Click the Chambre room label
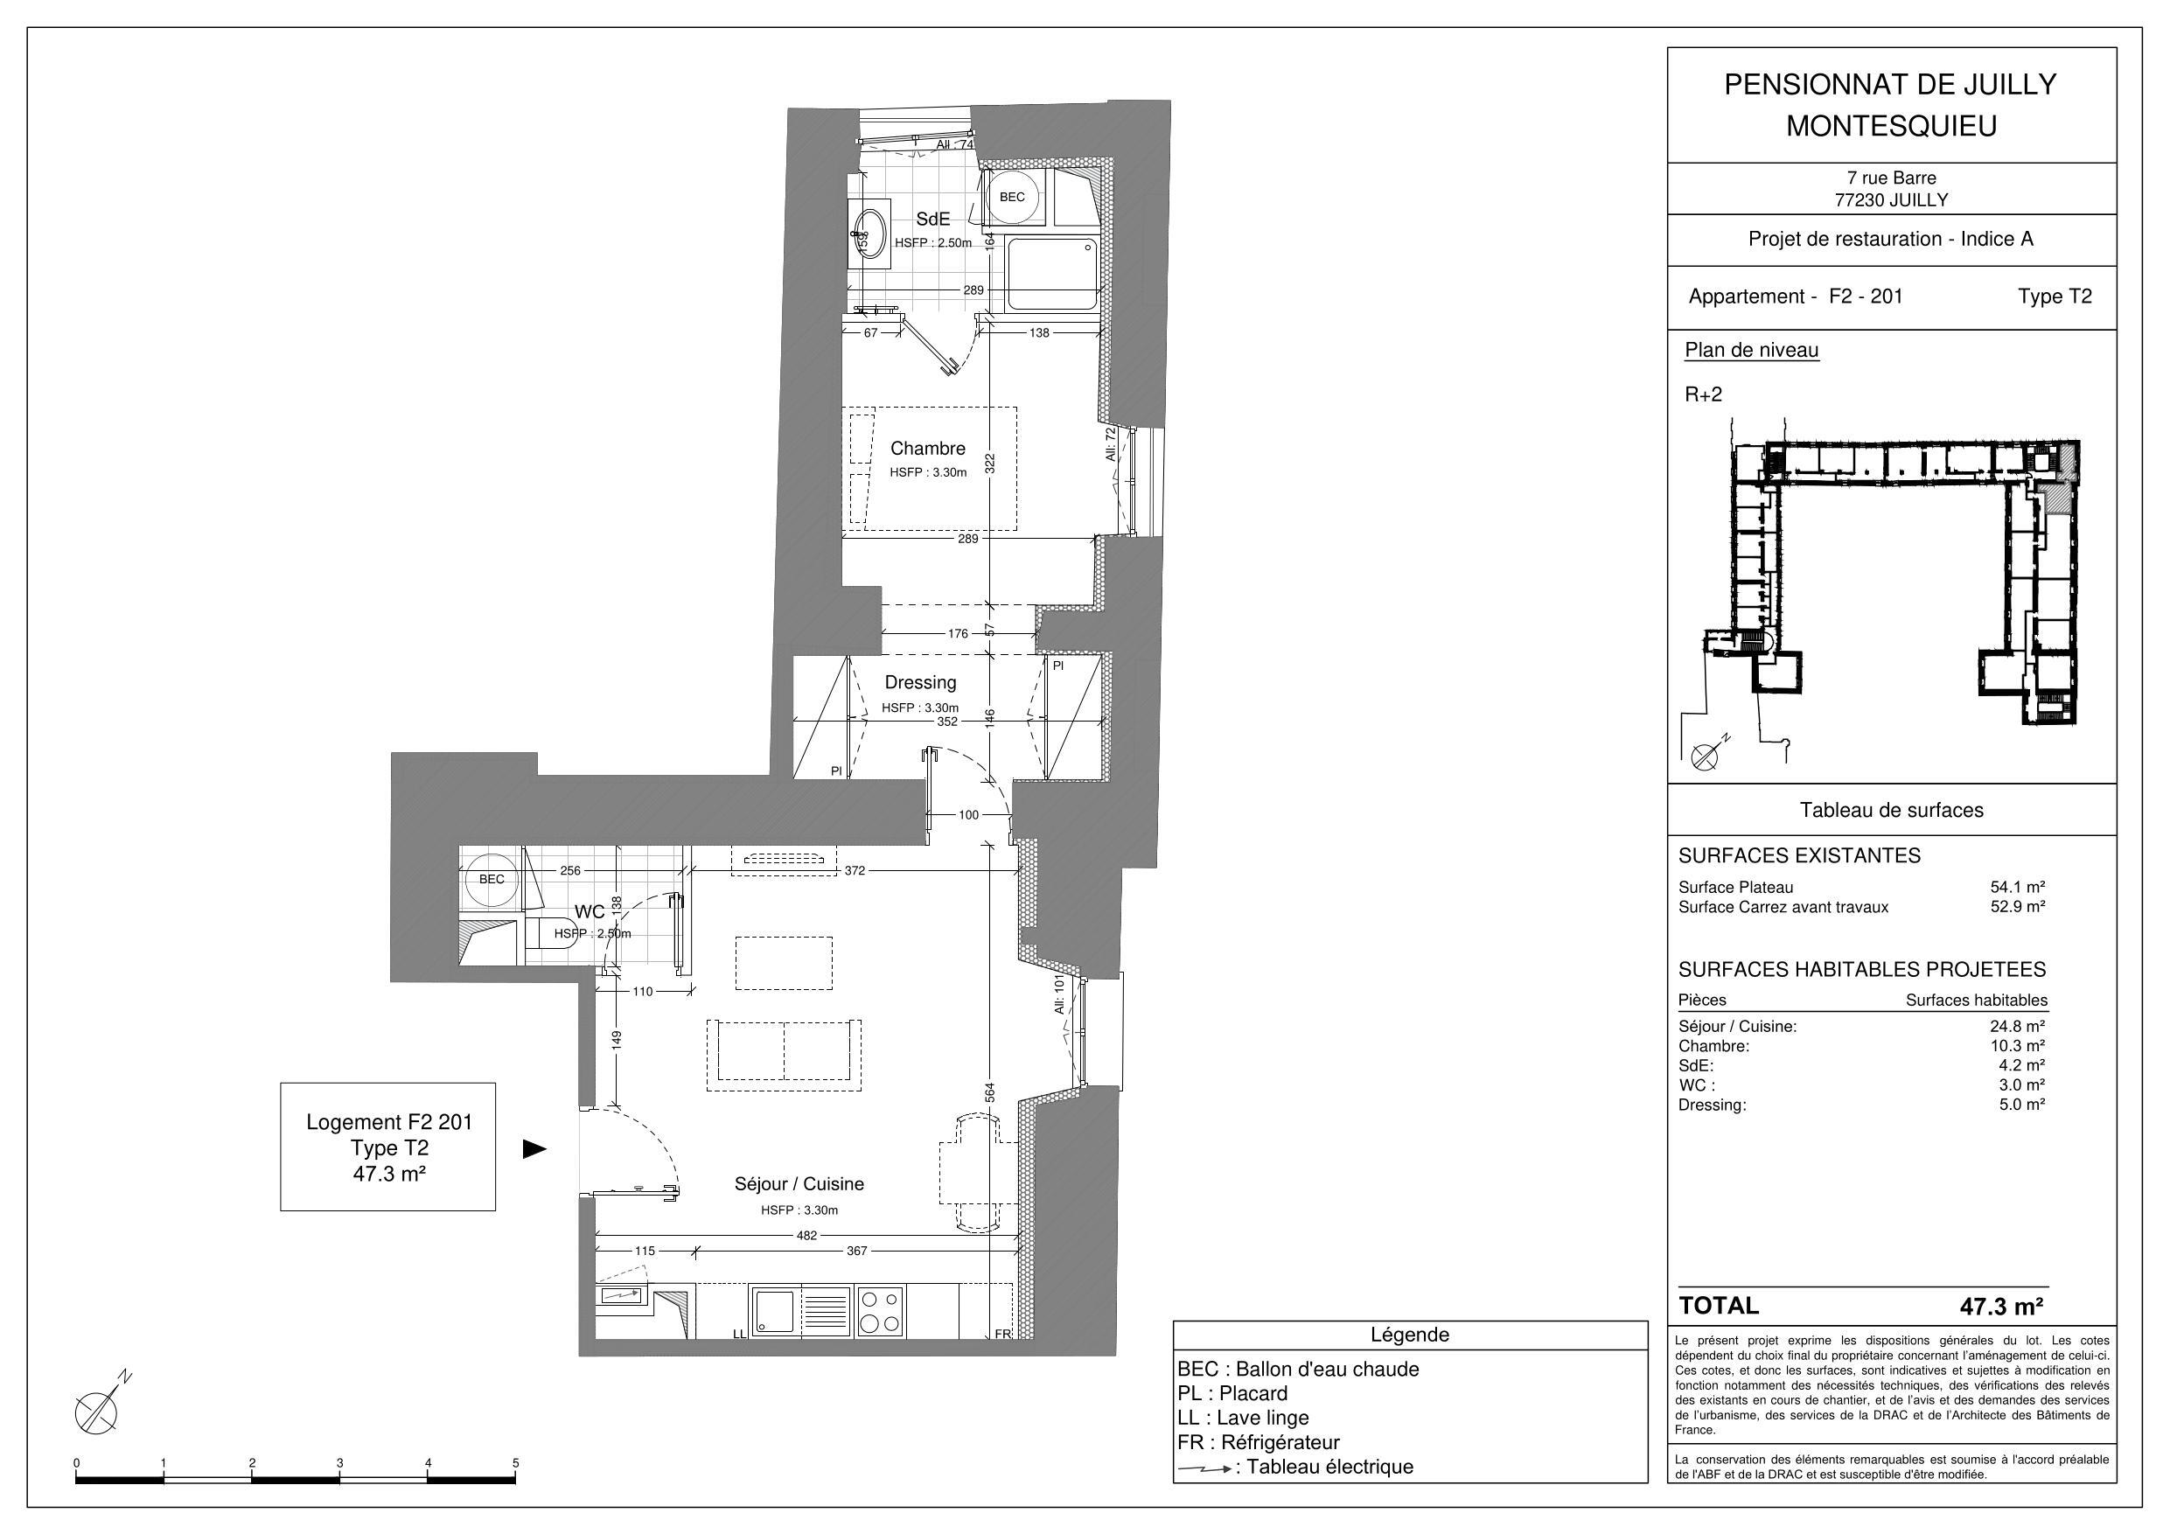click(x=927, y=449)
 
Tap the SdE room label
click(x=933, y=220)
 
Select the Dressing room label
click(x=920, y=682)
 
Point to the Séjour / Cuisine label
click(x=799, y=1183)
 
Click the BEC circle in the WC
click(x=492, y=879)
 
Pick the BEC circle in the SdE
click(x=1011, y=198)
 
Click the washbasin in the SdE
click(x=869, y=233)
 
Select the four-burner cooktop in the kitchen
click(x=880, y=1311)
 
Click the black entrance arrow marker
click(x=536, y=1149)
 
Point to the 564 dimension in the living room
click(x=990, y=1090)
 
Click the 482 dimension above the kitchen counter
click(x=806, y=1234)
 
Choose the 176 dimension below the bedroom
click(x=958, y=633)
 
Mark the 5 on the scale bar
click(x=516, y=1464)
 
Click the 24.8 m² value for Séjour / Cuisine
click(x=2018, y=1026)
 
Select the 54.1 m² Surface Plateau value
click(x=2018, y=887)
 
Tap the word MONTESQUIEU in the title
click(x=1891, y=126)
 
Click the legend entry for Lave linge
click(x=1244, y=1418)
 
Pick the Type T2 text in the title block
click(x=2055, y=296)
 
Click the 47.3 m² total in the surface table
click(x=2002, y=1307)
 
